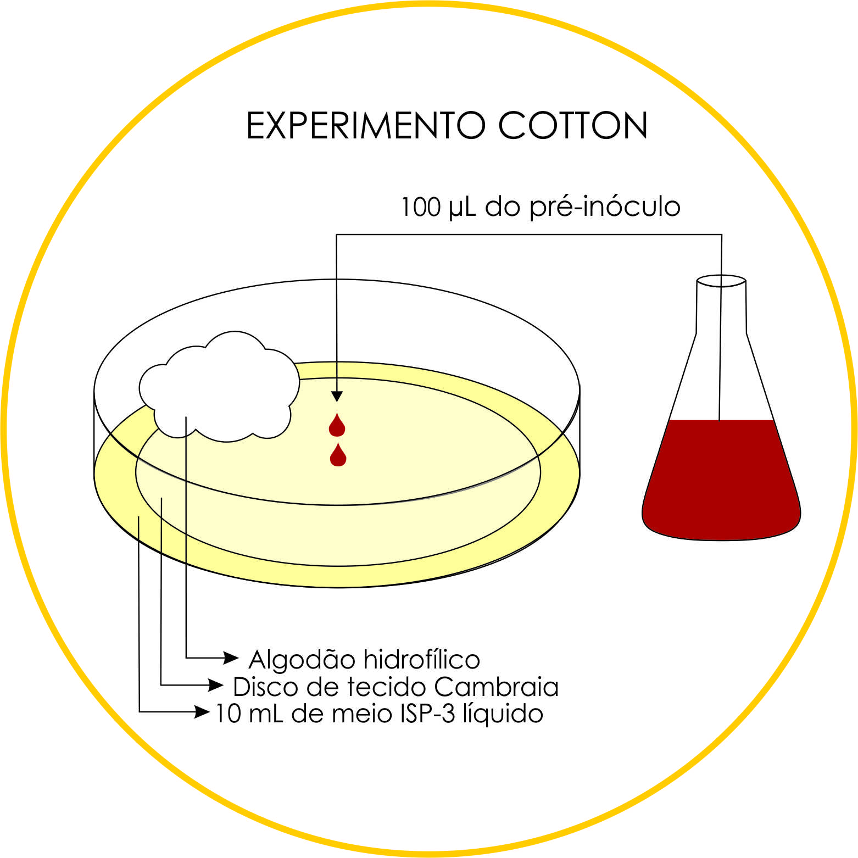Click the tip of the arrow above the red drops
(x=337, y=402)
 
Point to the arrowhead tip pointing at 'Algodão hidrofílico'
(x=239, y=657)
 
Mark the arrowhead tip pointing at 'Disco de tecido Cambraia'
(x=224, y=685)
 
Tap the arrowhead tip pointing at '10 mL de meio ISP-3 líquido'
(x=210, y=712)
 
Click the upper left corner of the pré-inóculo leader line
(x=337, y=235)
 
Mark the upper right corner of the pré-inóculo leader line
(x=721, y=235)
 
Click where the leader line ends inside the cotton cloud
(x=186, y=417)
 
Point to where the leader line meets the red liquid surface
(x=720, y=421)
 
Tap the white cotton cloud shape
(x=220, y=387)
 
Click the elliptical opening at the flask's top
(x=721, y=281)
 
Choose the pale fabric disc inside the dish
(x=338, y=471)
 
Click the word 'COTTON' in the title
(x=573, y=125)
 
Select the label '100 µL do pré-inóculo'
(x=541, y=207)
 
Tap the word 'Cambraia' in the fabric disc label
(x=496, y=687)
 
